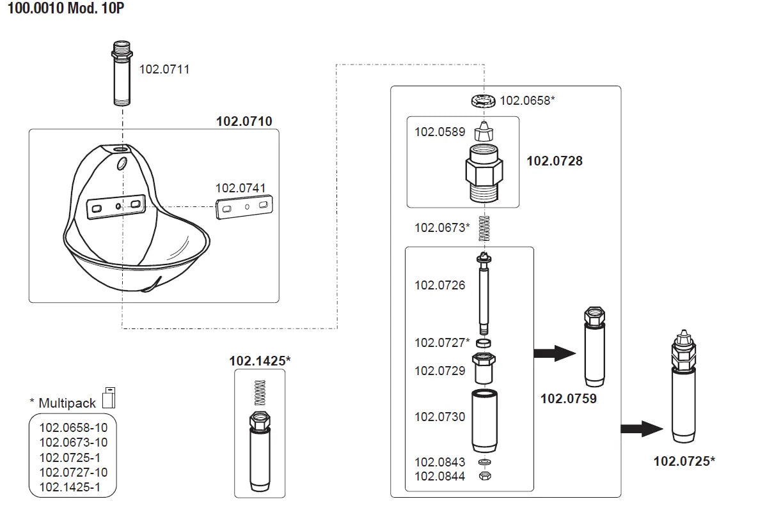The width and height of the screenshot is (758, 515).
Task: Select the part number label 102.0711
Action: click(164, 69)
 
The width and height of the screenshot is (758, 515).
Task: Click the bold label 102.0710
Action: click(244, 121)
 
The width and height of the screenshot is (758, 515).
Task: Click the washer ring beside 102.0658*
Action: click(484, 100)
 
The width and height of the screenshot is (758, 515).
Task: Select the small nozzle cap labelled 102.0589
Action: click(484, 132)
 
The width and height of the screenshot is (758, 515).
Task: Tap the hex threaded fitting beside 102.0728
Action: click(484, 171)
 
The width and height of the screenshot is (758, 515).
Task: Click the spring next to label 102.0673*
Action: click(484, 228)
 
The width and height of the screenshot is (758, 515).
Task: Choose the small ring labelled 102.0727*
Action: click(484, 344)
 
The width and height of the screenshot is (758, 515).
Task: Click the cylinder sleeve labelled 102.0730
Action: click(484, 420)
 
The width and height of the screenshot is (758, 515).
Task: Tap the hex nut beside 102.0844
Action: click(484, 476)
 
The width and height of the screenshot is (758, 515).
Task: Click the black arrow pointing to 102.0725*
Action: click(643, 428)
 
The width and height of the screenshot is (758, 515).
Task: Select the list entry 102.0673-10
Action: click(74, 442)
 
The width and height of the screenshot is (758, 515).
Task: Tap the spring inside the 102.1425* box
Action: click(259, 392)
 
